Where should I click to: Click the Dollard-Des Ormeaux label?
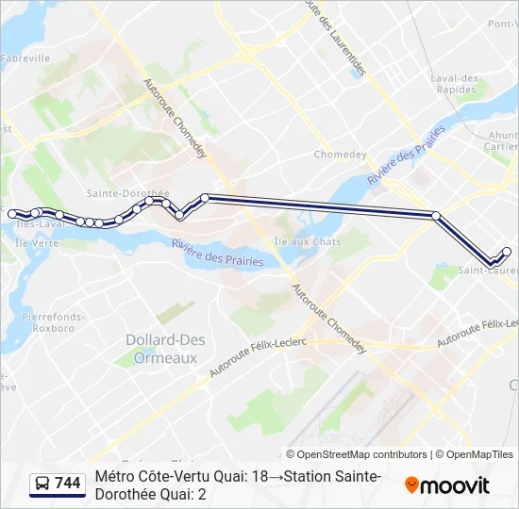point(161,348)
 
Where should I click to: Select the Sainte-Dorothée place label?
point(127,192)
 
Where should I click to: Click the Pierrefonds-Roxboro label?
point(46,323)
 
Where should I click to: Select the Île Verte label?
point(38,242)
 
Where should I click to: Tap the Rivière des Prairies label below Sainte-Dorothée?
point(217,253)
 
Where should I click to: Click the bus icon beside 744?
point(42,484)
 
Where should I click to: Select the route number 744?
point(68,484)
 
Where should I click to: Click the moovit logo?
point(447,485)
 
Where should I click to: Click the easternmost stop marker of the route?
point(507,251)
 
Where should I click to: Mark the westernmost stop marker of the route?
point(12,214)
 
